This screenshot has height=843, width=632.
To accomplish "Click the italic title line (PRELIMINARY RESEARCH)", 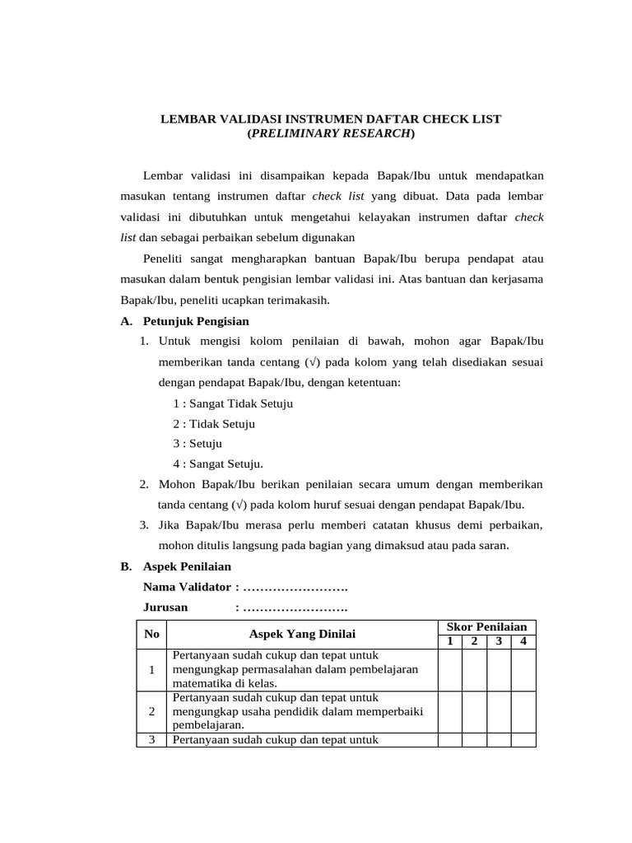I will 331,133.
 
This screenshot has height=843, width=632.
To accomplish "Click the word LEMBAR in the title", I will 187,119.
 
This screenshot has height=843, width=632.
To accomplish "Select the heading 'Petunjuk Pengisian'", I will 196,320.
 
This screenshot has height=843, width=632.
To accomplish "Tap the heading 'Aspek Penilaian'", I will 187,566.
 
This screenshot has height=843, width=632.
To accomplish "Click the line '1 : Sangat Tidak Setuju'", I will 233,403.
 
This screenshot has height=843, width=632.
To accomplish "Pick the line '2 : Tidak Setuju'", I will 214,423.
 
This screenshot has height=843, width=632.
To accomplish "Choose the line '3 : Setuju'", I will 197,443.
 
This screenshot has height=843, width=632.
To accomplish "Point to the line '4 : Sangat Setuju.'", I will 217,463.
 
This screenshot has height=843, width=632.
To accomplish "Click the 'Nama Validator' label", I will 188,587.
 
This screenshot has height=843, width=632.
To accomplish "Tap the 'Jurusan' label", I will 165,608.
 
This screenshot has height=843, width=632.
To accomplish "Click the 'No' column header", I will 151,634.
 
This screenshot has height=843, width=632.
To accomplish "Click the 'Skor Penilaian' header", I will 486,626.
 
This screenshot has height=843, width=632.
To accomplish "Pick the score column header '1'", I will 449,641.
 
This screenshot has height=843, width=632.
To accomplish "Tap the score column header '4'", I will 523,641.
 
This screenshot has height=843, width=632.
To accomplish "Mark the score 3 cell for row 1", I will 499,669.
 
